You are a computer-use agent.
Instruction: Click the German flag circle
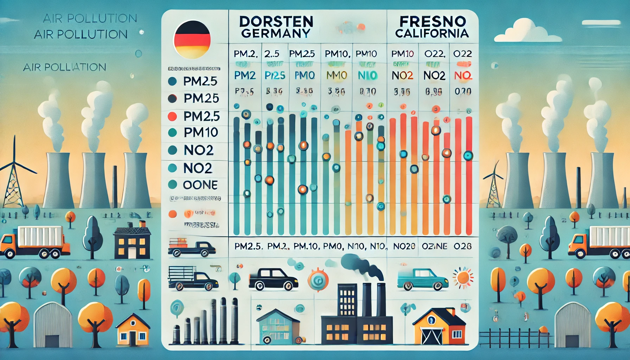coord(192,39)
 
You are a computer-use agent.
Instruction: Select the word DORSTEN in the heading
coord(276,22)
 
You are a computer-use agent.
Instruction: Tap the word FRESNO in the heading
coord(432,21)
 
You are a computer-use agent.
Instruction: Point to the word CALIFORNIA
coord(432,33)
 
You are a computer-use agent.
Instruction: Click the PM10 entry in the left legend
coord(200,133)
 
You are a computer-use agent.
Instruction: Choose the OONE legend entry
coord(200,185)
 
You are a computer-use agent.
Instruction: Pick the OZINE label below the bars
coord(435,246)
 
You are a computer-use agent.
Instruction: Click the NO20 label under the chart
coord(404,246)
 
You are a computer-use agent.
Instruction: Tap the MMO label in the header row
coord(336,75)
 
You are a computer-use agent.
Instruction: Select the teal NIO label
coord(367,75)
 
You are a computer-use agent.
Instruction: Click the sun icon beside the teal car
coord(463,277)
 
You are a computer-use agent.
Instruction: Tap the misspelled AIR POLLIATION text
coord(64,67)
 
